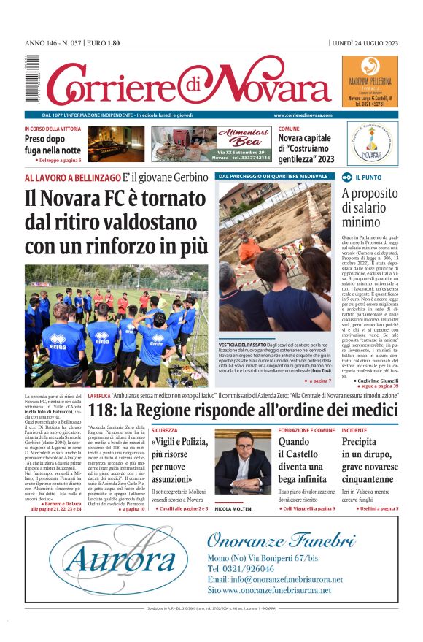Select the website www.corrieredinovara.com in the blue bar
pos(303,115)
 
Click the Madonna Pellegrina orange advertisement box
pos(370,83)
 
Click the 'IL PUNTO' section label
pos(368,177)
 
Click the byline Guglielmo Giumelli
pos(376,381)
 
